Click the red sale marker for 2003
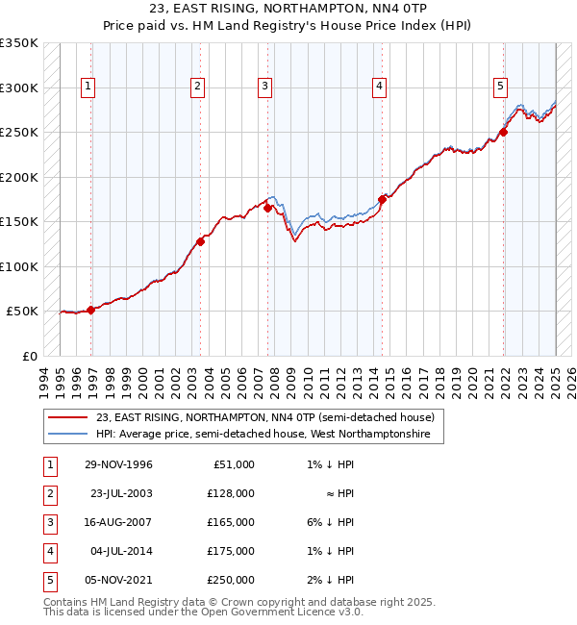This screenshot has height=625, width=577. tap(200, 241)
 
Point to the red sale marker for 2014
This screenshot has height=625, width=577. tap(382, 199)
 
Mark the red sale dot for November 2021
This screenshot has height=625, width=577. tap(503, 133)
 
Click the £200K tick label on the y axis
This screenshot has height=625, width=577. tap(19, 178)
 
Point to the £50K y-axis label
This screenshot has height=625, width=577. tap(22, 312)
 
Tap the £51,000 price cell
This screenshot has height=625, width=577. tap(231, 464)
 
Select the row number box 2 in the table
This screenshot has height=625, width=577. tap(48, 493)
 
